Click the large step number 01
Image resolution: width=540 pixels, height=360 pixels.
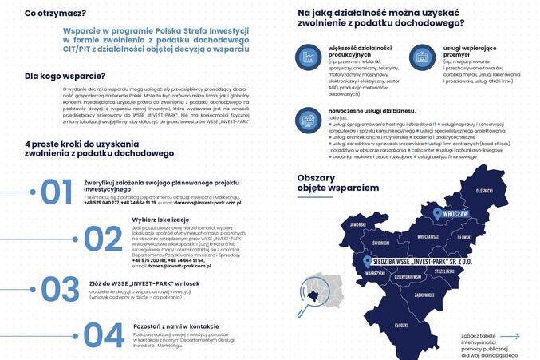click(57, 192)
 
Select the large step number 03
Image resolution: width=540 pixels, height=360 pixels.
click(61, 289)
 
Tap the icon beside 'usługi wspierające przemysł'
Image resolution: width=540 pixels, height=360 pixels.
click(422, 57)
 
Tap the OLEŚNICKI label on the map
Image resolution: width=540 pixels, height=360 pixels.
click(484, 191)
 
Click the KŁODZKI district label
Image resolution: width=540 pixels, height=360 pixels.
click(402, 325)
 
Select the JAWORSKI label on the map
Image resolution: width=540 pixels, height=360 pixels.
click(357, 224)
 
